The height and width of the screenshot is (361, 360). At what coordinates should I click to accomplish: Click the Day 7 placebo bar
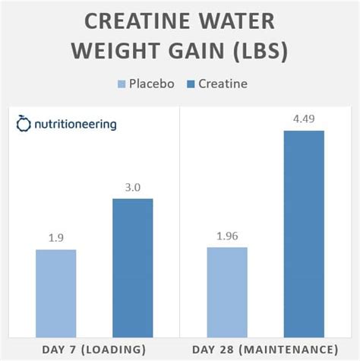tap(55, 293)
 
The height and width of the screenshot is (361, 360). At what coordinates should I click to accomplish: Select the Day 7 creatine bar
tap(132, 268)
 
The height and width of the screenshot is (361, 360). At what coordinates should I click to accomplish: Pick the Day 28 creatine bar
tap(304, 233)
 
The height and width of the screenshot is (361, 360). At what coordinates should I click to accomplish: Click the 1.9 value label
tap(55, 237)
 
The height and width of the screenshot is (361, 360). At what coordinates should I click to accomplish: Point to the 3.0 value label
tap(132, 186)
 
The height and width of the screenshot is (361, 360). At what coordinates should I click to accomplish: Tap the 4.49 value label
tap(304, 118)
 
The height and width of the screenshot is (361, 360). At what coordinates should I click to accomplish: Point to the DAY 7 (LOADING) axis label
tap(94, 349)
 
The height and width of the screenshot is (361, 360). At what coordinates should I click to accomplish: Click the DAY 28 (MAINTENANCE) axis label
tap(265, 349)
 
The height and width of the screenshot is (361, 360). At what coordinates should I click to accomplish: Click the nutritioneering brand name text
tap(74, 124)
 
